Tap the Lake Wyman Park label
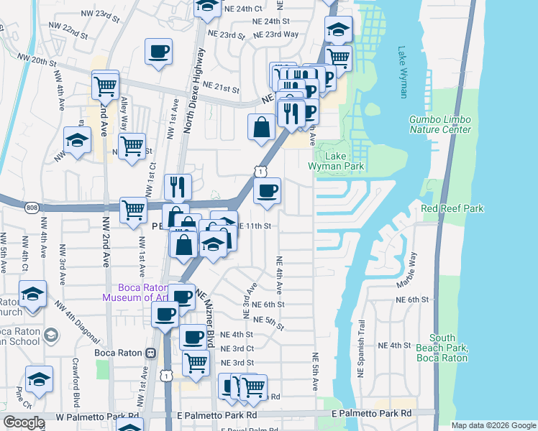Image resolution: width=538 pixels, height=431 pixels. coord(336,161)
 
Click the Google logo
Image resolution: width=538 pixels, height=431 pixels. coord(24,422)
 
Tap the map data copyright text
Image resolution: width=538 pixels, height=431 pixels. coord(493,425)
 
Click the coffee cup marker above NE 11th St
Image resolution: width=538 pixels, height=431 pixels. coord(267,192)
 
